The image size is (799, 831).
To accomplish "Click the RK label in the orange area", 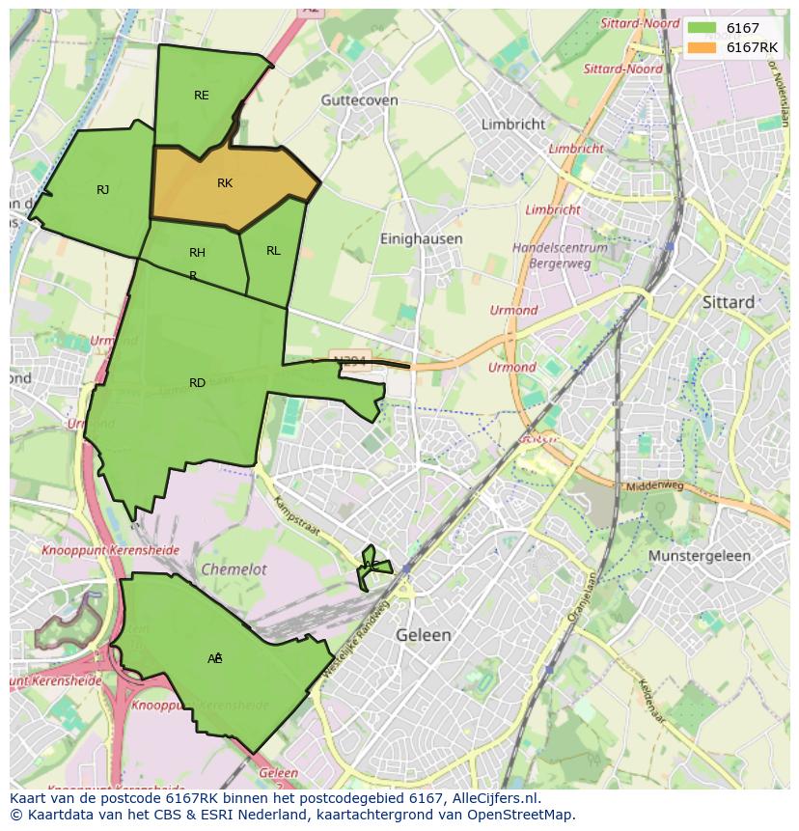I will [225, 183].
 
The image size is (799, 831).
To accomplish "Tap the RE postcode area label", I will [201, 95].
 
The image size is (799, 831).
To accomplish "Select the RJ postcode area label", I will [102, 190].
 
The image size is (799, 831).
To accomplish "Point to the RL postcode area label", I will [273, 251].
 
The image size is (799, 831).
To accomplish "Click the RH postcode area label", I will [197, 253].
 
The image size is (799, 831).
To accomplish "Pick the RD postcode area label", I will [197, 383].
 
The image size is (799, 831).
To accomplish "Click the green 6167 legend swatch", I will [702, 29].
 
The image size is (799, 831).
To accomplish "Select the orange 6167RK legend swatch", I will [702, 47].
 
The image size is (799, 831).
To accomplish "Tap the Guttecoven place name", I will [359, 99].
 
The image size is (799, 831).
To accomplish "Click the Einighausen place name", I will [421, 238].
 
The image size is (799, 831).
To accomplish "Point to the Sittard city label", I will [729, 302].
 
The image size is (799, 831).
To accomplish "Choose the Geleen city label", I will [424, 635].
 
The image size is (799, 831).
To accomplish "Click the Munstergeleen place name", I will [700, 557].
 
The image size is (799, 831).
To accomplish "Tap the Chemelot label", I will [234, 570].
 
